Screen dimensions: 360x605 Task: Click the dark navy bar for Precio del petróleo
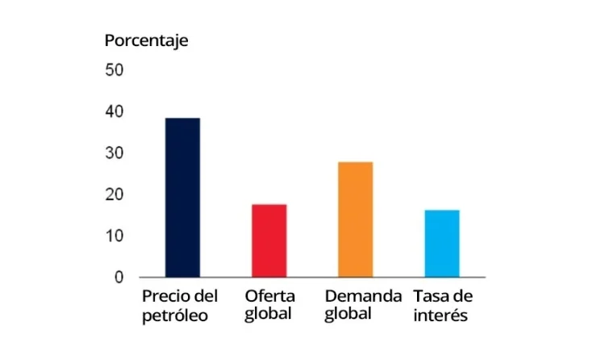tap(182, 198)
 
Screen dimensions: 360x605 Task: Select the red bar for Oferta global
tap(269, 241)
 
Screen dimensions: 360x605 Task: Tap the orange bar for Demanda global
tap(356, 220)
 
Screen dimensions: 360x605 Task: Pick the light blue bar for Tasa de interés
tap(442, 244)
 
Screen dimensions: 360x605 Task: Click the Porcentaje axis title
tap(146, 40)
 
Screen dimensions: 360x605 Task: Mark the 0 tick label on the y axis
tap(119, 278)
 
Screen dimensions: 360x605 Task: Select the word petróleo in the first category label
tap(175, 315)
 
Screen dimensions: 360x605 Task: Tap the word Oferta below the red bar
tap(270, 295)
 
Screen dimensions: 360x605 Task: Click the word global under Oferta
tap(269, 314)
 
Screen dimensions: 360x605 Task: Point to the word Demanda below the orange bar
tap(363, 295)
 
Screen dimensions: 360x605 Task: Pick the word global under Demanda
tap(348, 314)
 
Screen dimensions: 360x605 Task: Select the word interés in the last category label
tap(440, 315)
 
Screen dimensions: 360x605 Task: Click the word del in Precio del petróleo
tap(207, 295)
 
